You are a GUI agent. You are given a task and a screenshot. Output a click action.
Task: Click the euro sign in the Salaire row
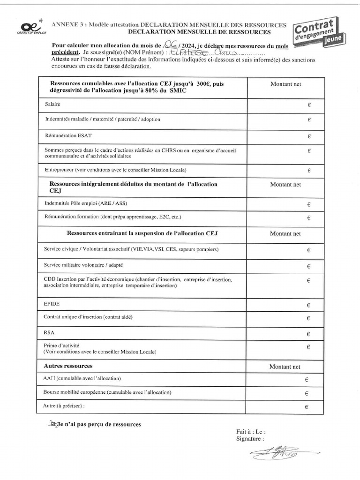point(309,105)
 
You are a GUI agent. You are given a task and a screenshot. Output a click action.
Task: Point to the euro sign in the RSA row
point(308,334)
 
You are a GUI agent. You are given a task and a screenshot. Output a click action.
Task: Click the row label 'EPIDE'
point(52,304)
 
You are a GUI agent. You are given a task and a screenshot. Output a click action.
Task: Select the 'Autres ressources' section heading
point(68,366)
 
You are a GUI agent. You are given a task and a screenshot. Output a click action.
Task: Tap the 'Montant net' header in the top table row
point(285,84)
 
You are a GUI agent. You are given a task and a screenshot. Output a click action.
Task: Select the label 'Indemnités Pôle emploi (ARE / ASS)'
point(86,203)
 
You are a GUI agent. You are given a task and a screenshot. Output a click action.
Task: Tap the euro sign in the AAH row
point(306,380)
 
